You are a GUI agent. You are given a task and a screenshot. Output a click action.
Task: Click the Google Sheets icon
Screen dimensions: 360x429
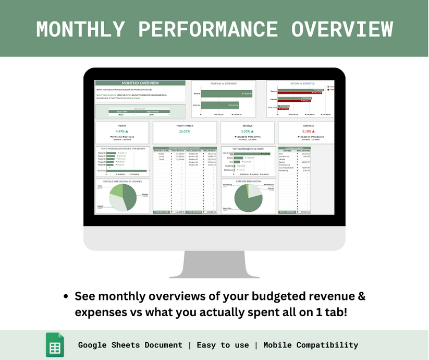pyautogui.click(x=55, y=345)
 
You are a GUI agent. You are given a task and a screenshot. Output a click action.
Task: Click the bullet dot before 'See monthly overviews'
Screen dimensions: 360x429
pyautogui.click(x=66, y=297)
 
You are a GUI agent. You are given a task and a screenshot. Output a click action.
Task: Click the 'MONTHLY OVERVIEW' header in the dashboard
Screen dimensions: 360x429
pyautogui.click(x=140, y=83)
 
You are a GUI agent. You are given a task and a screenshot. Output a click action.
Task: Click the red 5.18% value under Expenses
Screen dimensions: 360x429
pyautogui.click(x=304, y=131)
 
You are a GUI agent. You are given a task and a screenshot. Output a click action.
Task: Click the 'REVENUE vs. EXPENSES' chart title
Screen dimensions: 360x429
pyautogui.click(x=223, y=83)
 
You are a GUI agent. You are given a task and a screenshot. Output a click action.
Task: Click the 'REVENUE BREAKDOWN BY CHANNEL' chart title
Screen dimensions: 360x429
pyautogui.click(x=122, y=181)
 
